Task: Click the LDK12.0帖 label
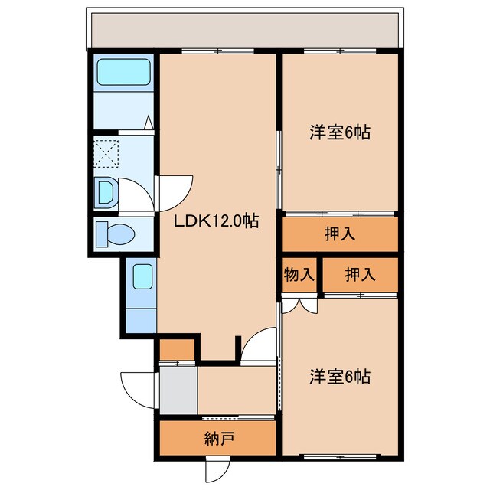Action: click(216, 221)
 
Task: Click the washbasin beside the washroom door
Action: click(106, 192)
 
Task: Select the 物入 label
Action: click(299, 275)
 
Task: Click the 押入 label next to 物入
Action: click(360, 275)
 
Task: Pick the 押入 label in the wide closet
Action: click(340, 234)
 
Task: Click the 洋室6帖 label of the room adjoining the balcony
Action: click(340, 132)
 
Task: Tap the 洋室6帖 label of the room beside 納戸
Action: click(340, 377)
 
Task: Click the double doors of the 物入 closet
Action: click(299, 304)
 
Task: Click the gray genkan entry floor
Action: click(178, 389)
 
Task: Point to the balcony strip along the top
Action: click(243, 31)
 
